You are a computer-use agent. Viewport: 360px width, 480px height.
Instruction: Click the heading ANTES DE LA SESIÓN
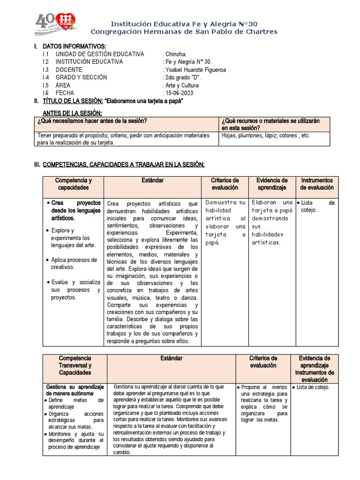72,113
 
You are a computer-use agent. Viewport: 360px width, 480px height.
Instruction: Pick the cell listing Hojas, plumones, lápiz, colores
266,135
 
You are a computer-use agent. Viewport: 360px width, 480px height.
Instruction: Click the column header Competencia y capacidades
73,184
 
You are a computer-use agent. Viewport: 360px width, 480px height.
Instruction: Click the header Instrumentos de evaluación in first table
317,184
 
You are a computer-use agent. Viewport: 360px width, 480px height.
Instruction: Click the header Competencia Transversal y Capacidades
75,365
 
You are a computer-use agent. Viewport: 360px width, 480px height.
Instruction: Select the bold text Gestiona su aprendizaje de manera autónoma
75,390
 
